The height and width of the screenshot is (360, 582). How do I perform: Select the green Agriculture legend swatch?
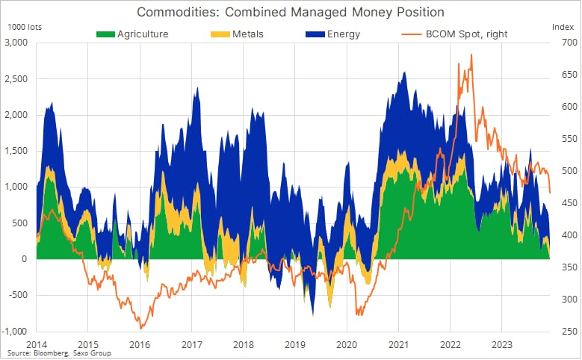[105, 34]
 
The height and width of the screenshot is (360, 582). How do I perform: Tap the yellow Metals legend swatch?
[220, 34]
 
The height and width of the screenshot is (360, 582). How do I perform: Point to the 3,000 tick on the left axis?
[16, 43]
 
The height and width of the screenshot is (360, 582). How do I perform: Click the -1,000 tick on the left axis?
[14, 331]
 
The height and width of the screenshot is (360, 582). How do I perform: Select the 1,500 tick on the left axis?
[16, 151]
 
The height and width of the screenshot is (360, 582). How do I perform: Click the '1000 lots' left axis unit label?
[25, 27]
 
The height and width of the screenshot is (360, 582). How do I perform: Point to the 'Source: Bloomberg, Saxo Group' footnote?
[59, 353]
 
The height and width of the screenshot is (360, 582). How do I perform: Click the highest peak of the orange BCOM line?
[471, 55]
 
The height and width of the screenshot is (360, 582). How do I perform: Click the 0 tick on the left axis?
[25, 259]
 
